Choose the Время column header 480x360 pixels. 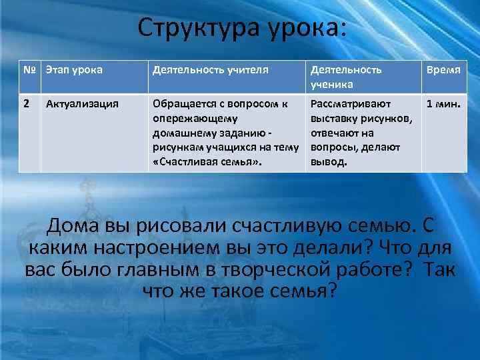[444, 69]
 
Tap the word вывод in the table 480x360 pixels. [327, 162]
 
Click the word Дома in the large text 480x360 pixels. [73, 227]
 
